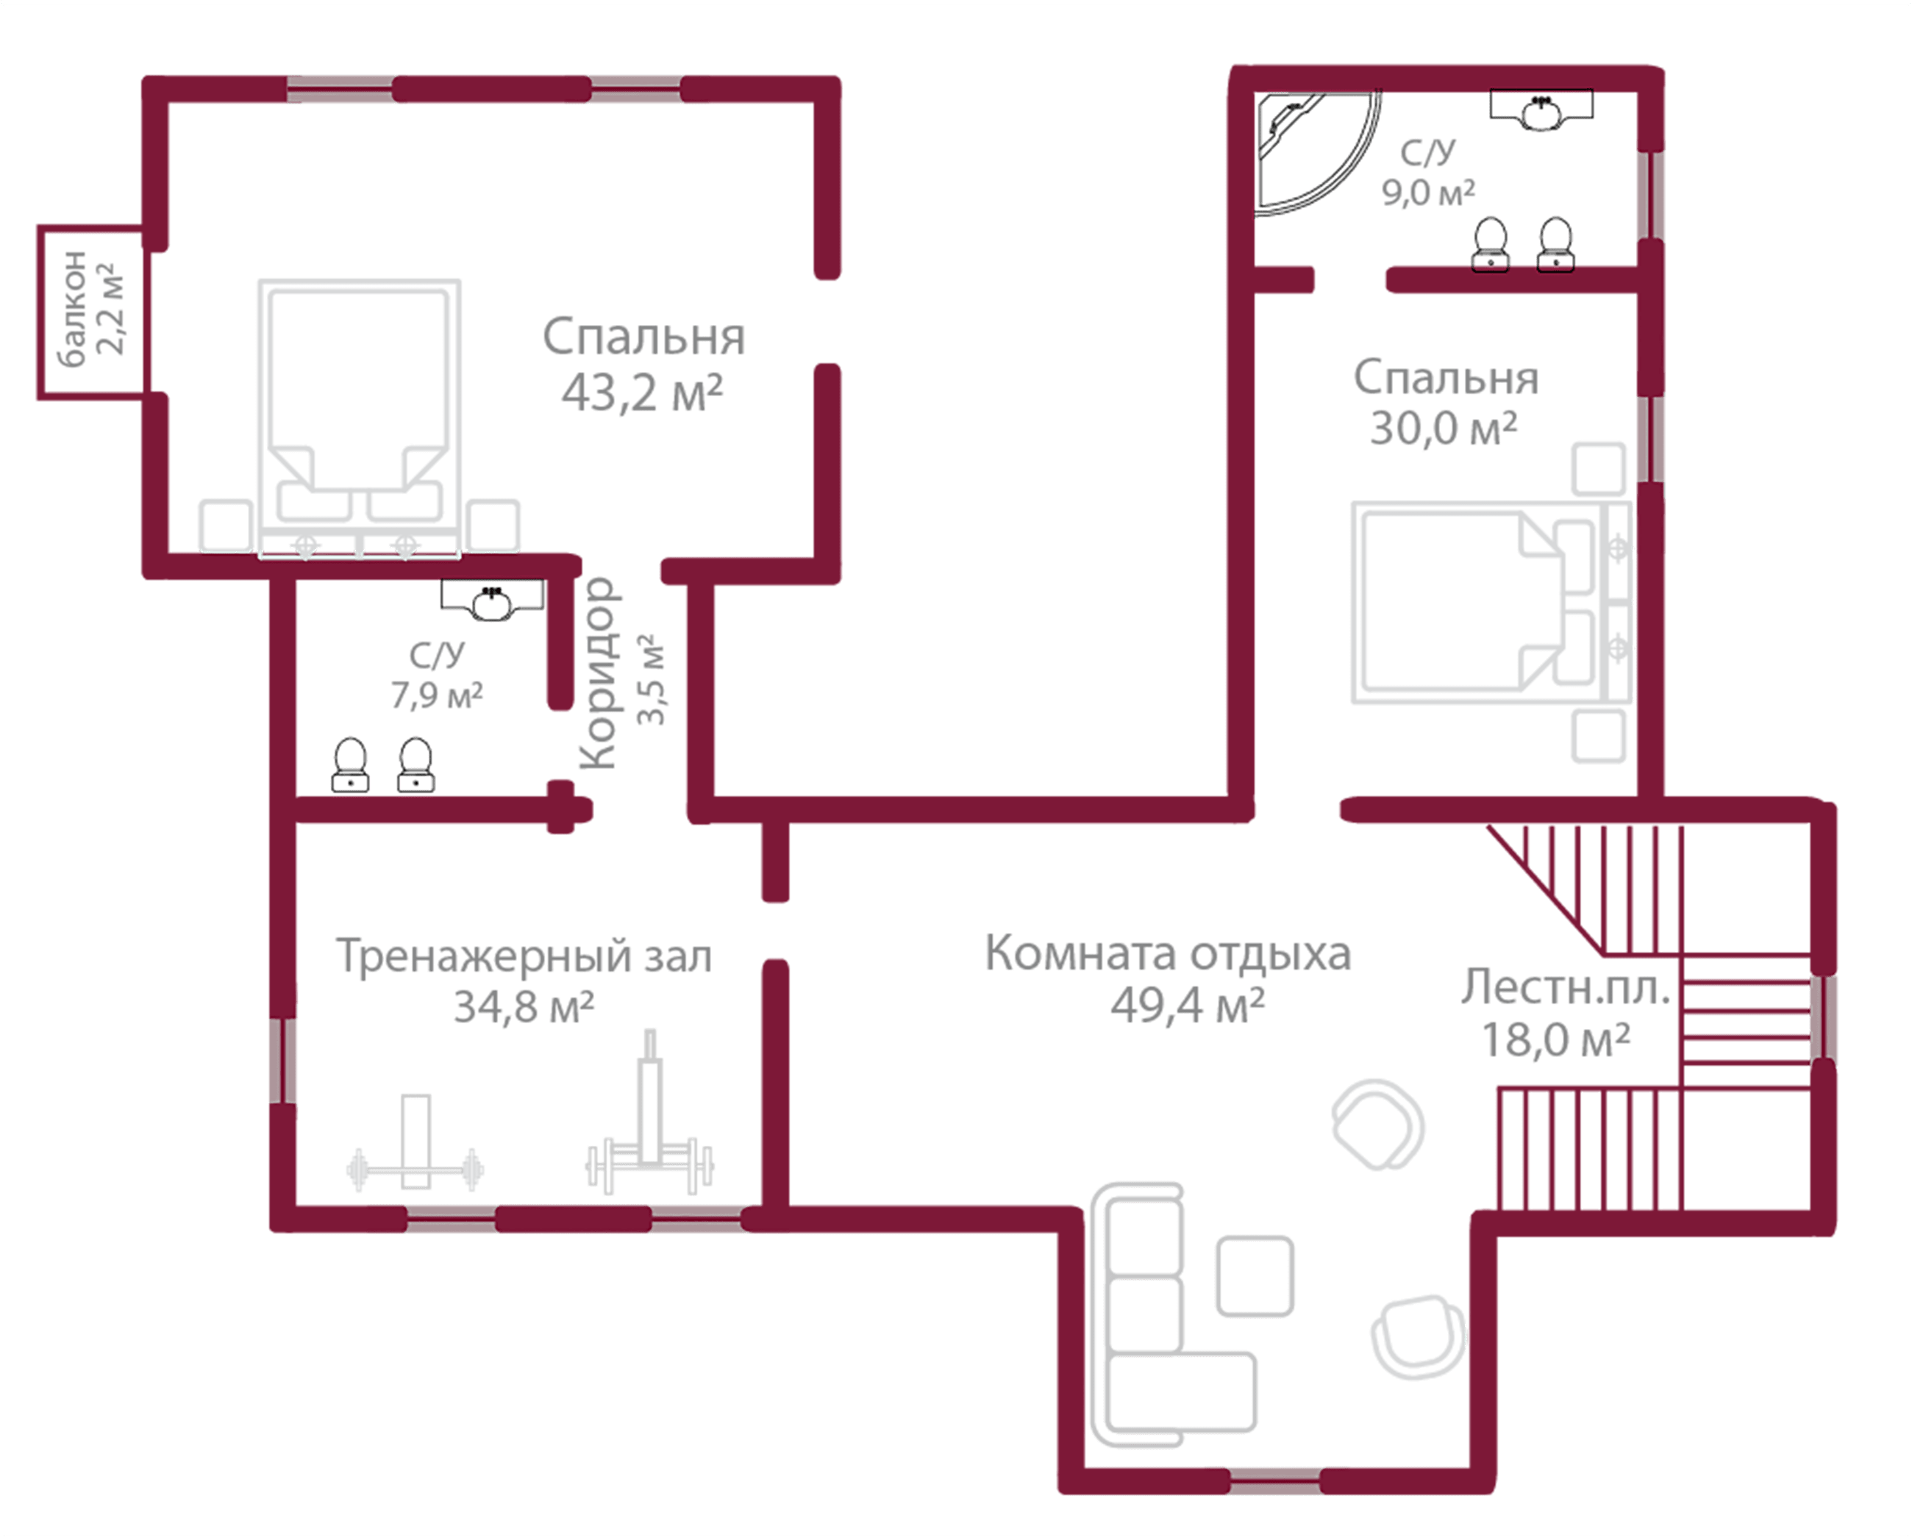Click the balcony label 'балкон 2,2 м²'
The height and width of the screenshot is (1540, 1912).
click(x=89, y=306)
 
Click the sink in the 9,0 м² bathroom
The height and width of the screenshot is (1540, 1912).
click(x=1541, y=111)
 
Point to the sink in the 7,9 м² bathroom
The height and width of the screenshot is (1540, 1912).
click(x=491, y=601)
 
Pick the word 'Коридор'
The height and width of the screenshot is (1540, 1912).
click(x=597, y=674)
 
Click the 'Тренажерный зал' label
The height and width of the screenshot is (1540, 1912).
click(x=524, y=957)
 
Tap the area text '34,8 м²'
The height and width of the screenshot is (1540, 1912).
click(x=524, y=1007)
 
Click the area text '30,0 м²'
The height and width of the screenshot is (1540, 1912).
click(x=1444, y=429)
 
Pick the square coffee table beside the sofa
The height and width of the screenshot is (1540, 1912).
click(x=1254, y=1275)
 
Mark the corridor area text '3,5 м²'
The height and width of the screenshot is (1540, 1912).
click(x=652, y=681)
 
